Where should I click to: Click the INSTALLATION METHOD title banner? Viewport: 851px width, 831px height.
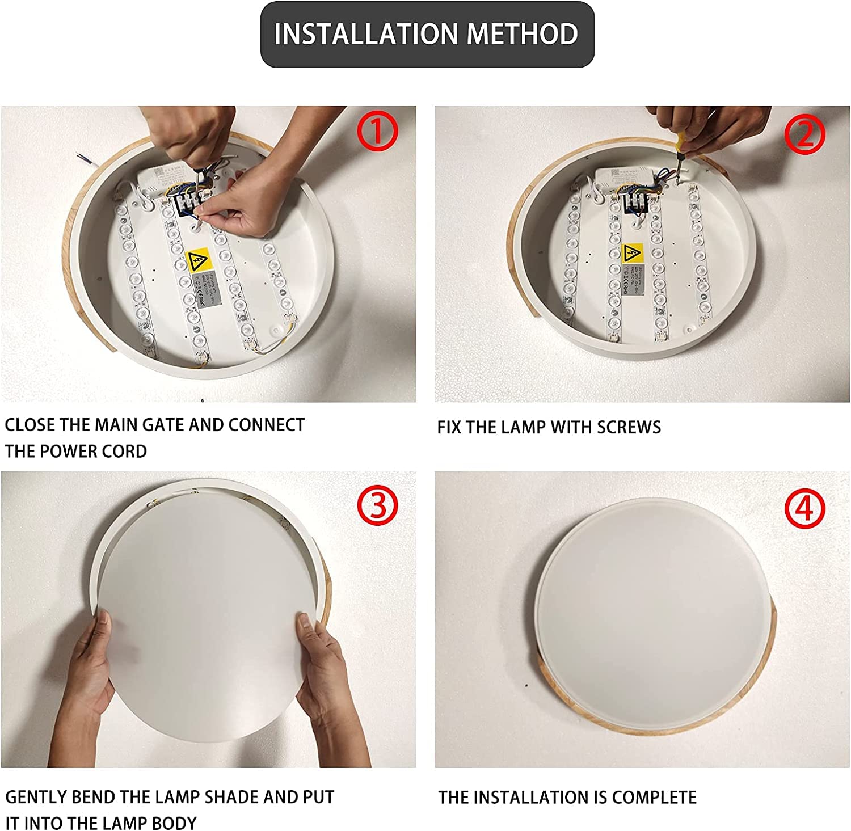pos(427,35)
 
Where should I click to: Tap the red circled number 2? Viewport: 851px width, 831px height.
pos(804,134)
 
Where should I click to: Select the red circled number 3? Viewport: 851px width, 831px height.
pos(377,505)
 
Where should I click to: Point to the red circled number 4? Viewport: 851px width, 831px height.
pos(804,508)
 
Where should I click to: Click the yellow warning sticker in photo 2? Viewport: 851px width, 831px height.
pos(632,253)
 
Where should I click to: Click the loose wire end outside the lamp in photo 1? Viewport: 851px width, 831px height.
pos(85,159)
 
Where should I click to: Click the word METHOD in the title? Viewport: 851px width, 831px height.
pos(522,35)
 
